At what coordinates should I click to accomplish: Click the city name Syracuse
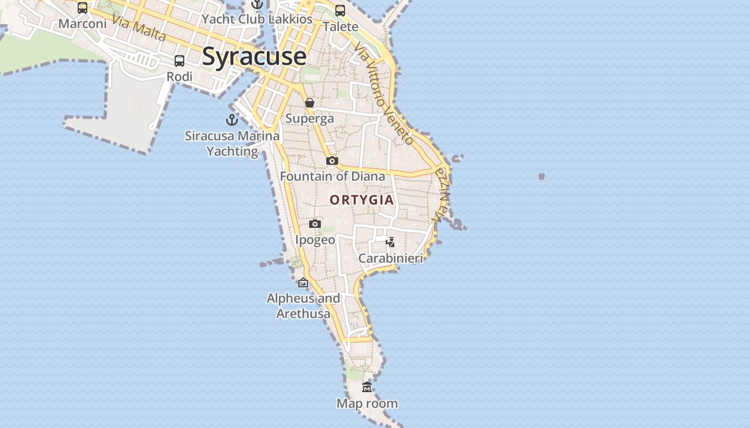click(254, 56)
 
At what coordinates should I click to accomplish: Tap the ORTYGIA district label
click(362, 200)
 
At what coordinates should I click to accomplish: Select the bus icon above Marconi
click(82, 8)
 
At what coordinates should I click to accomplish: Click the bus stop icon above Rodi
click(179, 61)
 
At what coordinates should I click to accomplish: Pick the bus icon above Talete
click(340, 11)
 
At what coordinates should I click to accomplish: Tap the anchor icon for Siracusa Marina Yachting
click(232, 120)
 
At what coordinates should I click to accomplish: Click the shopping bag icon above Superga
click(310, 103)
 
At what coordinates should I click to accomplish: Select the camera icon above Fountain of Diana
click(332, 160)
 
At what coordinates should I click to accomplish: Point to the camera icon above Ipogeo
click(315, 224)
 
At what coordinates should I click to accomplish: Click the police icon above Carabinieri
click(391, 242)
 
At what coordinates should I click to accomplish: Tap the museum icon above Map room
click(367, 387)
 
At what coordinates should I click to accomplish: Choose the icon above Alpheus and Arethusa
click(303, 282)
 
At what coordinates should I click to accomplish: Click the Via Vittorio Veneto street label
click(384, 94)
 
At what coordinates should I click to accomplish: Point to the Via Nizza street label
click(442, 195)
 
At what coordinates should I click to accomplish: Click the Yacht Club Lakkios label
click(257, 19)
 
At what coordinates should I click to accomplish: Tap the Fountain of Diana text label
click(332, 177)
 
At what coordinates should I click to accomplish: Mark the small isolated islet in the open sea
click(542, 176)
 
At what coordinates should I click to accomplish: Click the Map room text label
click(367, 403)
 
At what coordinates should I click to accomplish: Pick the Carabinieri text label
click(391, 258)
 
